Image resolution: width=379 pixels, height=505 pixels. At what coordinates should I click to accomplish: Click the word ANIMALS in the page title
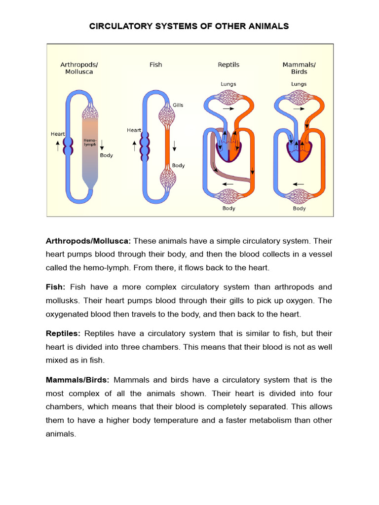265,26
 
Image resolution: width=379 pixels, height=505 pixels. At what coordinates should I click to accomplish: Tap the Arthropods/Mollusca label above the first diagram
79,68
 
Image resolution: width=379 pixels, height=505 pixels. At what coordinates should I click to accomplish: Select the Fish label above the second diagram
155,65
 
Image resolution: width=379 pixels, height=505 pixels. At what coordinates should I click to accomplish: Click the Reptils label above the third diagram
228,65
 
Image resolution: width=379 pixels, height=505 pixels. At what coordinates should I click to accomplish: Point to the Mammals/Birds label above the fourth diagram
299,68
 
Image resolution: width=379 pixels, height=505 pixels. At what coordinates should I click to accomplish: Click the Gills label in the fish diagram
178,105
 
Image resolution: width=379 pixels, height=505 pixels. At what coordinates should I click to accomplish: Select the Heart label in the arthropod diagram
58,134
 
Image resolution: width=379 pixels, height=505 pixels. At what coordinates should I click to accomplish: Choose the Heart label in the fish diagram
134,130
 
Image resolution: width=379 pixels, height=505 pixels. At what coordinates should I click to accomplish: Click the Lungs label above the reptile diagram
228,84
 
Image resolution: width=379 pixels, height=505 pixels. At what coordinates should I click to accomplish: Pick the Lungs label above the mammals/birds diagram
299,84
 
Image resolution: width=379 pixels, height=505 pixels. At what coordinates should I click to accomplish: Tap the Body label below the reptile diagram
228,208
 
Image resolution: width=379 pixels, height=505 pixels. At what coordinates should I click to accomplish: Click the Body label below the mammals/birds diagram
299,208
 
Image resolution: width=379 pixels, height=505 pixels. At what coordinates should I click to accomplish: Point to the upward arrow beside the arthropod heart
58,145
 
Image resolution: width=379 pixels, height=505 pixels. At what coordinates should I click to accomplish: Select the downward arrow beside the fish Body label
175,146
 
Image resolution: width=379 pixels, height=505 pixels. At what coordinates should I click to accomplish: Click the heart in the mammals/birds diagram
299,148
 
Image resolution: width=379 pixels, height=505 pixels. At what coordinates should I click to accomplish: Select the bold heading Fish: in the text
55,287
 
